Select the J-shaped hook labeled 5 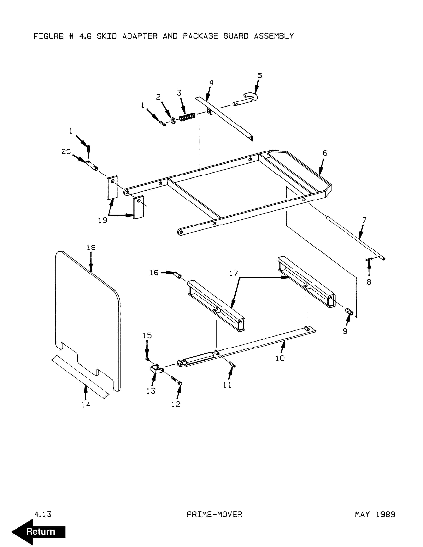pyautogui.click(x=247, y=100)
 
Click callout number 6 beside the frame pyautogui.click(x=325, y=153)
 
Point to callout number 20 pyautogui.click(x=66, y=152)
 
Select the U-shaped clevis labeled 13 pyautogui.click(x=157, y=369)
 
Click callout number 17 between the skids pyautogui.click(x=234, y=273)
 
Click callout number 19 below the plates pyautogui.click(x=102, y=220)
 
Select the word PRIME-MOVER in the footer pyautogui.click(x=214, y=514)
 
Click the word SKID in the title pyautogui.click(x=107, y=36)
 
